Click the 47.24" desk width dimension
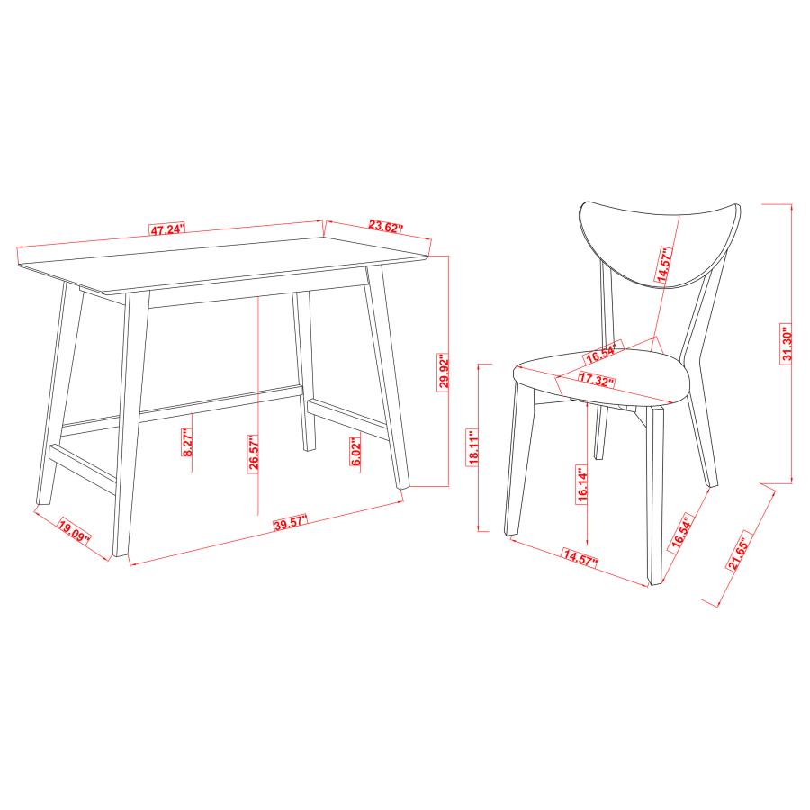[x=167, y=229]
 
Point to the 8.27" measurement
[x=187, y=442]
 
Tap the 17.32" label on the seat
[x=597, y=379]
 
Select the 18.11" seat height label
[x=474, y=445]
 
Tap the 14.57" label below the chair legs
[x=581, y=555]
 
